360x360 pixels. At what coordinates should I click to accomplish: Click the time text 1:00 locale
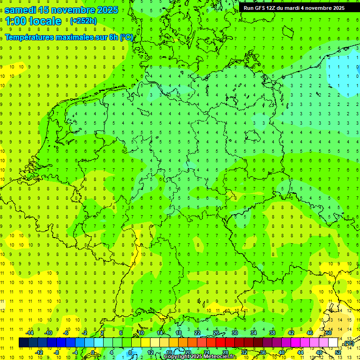[x=33, y=21]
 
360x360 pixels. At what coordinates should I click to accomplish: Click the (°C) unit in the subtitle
[x=127, y=37]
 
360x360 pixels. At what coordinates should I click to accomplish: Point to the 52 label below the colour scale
[x=338, y=352]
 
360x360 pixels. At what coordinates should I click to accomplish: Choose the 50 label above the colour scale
[x=329, y=333]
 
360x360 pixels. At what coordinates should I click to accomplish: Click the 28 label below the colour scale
[x=225, y=352]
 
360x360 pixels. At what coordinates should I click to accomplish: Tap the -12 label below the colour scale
[x=39, y=352]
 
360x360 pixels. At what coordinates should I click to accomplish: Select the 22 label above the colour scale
[x=197, y=333]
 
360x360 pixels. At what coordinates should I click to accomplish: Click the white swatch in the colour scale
[x=333, y=343]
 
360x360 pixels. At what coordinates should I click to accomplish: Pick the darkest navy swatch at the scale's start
[x=23, y=343]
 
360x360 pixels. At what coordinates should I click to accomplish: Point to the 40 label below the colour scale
[x=282, y=352]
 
